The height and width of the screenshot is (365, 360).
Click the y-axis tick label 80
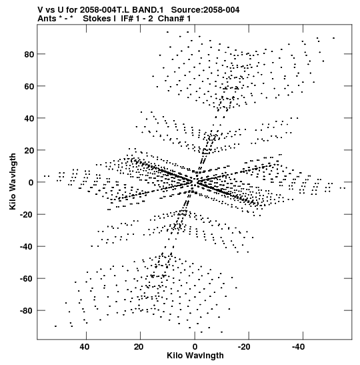coord(29,55)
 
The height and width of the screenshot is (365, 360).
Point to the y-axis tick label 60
coord(29,86)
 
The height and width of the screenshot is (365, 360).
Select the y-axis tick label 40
coord(29,119)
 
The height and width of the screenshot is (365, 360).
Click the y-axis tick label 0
coord(31,183)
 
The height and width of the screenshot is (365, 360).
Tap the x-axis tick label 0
coord(195,347)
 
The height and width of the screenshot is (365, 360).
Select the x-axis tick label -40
coord(299,347)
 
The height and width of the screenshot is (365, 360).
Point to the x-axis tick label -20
coord(244,347)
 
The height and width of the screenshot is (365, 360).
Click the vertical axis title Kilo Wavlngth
coord(13,181)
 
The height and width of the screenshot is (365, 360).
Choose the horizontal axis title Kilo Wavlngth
coord(195,356)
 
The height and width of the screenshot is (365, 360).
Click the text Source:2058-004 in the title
coord(205,10)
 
